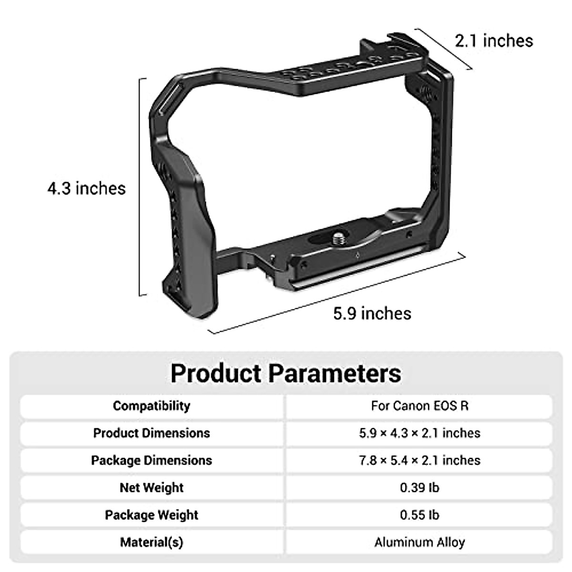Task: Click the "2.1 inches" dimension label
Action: point(494,41)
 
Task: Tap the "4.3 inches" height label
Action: point(86,188)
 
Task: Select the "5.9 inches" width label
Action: point(372,313)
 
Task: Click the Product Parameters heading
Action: point(286,373)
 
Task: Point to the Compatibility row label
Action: point(152,406)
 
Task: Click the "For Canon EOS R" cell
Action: point(419,406)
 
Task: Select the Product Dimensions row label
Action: point(152,433)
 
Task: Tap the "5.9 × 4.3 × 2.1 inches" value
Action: point(419,433)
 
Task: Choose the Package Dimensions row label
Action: point(152,460)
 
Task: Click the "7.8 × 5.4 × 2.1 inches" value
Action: point(419,460)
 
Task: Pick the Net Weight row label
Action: point(152,487)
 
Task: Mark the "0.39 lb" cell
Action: point(419,487)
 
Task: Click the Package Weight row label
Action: point(152,515)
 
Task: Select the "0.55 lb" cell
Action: point(419,515)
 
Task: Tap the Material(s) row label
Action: point(152,542)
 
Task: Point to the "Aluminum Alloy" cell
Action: point(419,542)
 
